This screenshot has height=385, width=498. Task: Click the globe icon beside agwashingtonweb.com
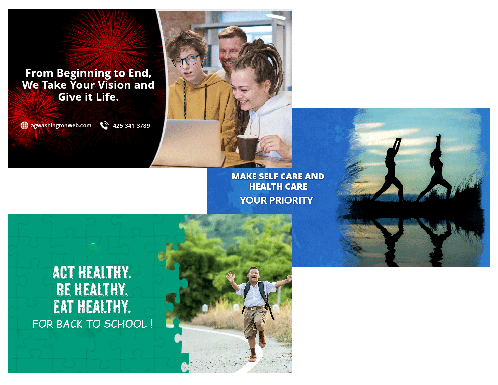(24, 125)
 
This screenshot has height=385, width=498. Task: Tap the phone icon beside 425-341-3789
(104, 125)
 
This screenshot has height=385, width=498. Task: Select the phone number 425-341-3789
(131, 125)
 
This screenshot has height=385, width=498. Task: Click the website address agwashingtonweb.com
(61, 125)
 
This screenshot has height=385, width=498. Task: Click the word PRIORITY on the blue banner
(291, 200)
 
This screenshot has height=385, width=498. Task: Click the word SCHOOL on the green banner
(125, 324)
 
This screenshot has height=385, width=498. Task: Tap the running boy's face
(254, 274)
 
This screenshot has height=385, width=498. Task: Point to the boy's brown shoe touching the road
(253, 358)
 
